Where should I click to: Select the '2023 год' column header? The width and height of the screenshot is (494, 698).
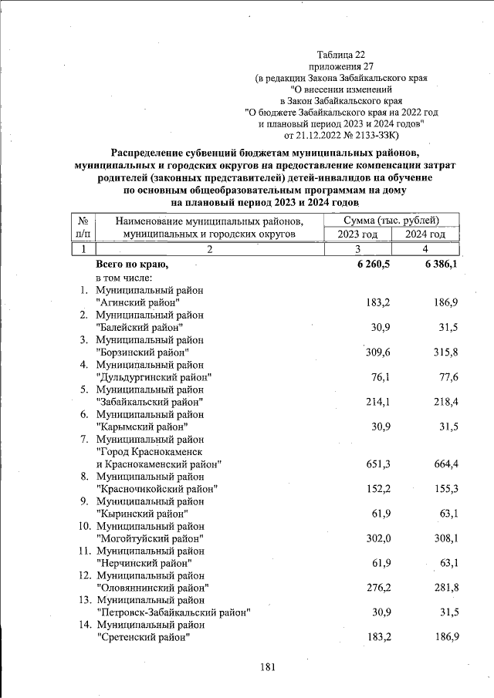[360, 234]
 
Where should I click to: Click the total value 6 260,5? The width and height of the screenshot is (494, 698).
[372, 265]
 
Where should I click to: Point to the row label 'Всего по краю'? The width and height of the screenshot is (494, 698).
[131, 265]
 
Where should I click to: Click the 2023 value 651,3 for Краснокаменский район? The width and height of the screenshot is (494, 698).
[372, 464]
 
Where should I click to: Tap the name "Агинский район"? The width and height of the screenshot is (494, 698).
[138, 302]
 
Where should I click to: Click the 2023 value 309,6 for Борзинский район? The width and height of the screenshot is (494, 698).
[372, 352]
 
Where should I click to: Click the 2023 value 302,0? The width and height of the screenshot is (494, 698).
[372, 538]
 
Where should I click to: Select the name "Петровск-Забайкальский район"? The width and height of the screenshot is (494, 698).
[173, 612]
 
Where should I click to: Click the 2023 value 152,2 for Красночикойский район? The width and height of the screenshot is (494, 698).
[372, 488]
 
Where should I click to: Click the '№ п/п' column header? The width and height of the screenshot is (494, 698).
[82, 228]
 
